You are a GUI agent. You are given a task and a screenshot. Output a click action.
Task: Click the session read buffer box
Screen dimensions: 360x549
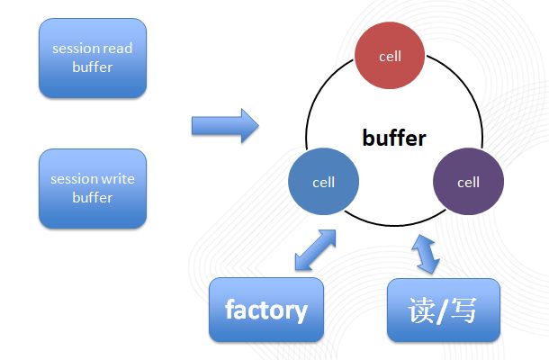(93, 58)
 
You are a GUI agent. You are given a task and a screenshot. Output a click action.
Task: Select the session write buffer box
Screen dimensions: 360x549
(93, 187)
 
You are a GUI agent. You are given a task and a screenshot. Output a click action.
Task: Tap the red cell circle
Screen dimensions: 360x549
(390, 56)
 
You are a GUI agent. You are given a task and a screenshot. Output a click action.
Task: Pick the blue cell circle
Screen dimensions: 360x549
(323, 182)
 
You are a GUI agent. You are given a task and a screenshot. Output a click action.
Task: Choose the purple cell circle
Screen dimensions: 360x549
(468, 182)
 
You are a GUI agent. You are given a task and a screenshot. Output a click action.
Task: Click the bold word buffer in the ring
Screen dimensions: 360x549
(393, 138)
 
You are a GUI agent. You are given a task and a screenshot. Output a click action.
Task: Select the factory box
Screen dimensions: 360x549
(265, 310)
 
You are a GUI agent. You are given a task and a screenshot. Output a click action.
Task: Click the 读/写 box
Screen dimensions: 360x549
(443, 310)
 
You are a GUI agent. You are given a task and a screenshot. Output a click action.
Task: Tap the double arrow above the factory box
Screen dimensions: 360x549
(315, 250)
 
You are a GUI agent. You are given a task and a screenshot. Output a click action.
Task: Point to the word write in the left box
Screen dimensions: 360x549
(117, 178)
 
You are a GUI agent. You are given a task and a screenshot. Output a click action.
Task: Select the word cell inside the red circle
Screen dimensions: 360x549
(390, 56)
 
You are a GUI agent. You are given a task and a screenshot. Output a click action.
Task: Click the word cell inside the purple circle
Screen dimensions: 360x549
(468, 182)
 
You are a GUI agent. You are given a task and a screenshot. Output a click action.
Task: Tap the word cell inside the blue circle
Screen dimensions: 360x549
(323, 182)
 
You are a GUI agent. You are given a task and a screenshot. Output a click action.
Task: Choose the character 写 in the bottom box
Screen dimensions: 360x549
(466, 310)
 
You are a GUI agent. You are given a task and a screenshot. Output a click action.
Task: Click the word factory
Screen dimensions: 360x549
(265, 310)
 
